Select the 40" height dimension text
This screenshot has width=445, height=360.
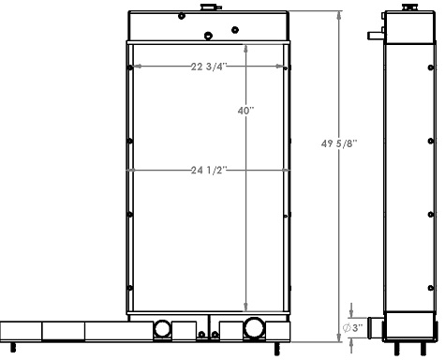coord(246,110)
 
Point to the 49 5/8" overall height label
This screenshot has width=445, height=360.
coord(339,143)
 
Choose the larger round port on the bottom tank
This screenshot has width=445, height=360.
coord(253,328)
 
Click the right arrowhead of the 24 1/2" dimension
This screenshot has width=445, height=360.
coord(286,170)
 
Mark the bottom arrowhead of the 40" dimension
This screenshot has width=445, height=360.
coord(246,309)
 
